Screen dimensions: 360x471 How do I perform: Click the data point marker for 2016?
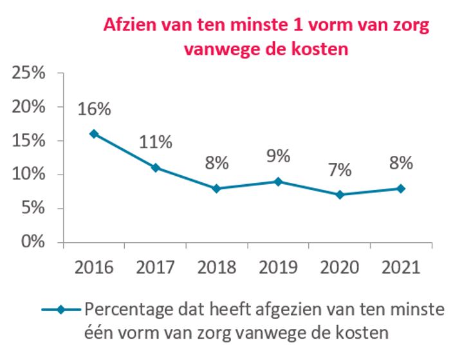click(94, 134)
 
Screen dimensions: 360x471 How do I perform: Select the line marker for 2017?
click(155, 167)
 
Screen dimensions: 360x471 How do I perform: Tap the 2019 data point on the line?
click(278, 182)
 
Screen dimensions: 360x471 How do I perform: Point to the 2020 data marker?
click(339, 194)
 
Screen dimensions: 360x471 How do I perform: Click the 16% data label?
click(94, 109)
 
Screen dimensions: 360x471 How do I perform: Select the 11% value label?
click(155, 142)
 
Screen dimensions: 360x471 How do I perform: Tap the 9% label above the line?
click(278, 156)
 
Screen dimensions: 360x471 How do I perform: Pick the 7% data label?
click(339, 170)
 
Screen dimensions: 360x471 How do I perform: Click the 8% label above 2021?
click(400, 163)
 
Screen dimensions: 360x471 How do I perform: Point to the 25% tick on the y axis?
click(30, 73)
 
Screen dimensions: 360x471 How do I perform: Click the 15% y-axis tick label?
click(30, 140)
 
